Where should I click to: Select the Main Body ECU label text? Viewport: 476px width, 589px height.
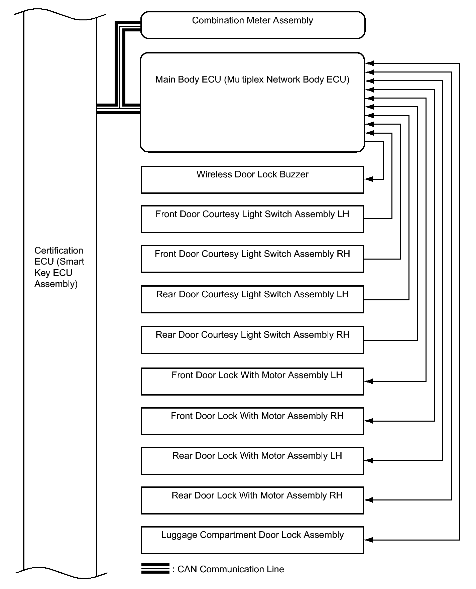(x=252, y=80)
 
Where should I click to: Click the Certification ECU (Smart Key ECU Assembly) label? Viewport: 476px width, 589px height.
(x=59, y=267)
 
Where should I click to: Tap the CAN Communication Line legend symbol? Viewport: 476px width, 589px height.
(x=155, y=568)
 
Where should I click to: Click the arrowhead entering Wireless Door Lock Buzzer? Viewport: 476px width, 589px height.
(x=369, y=179)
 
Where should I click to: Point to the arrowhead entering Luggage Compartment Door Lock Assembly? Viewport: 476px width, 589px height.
(x=369, y=540)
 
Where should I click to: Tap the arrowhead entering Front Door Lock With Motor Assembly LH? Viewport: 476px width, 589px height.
(x=369, y=381)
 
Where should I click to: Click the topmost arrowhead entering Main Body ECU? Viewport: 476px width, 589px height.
(x=370, y=63)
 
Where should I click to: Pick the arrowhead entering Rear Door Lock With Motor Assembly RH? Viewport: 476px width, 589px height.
(x=369, y=500)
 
